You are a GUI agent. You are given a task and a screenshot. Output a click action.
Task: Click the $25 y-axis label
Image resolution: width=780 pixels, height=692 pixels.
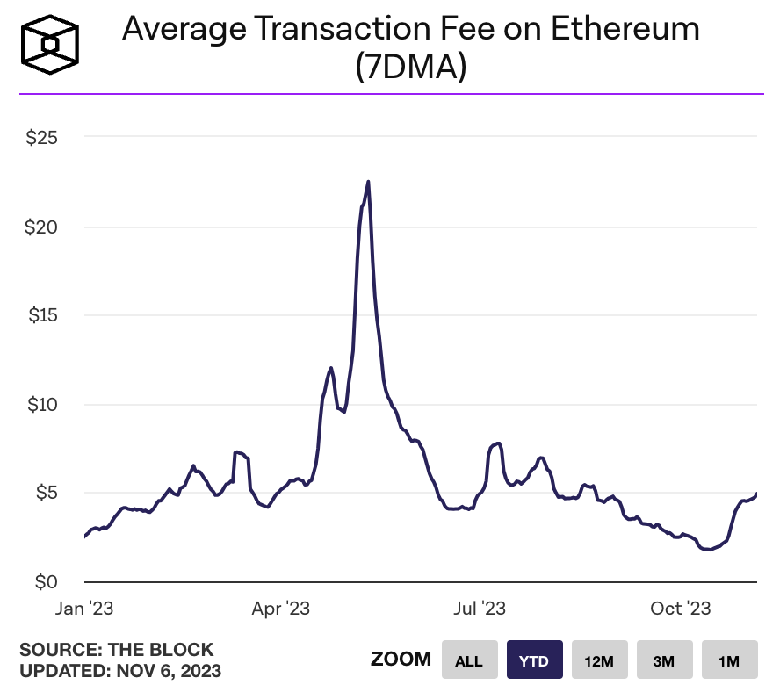point(42,137)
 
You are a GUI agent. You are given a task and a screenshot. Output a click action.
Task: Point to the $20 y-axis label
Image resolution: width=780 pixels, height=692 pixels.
point(41,227)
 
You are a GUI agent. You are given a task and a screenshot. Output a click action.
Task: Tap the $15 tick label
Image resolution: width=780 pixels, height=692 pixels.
point(43,315)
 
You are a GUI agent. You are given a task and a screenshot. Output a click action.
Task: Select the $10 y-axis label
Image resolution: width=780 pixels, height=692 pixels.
point(42,405)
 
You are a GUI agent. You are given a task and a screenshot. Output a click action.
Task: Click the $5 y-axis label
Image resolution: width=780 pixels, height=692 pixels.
point(47,493)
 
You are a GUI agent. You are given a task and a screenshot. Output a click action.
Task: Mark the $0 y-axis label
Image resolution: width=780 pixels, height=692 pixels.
point(47,581)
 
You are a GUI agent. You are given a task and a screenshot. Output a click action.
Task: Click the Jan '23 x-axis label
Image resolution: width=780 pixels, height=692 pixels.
point(84,609)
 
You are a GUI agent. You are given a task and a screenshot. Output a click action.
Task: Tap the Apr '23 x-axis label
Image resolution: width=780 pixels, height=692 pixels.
point(280,609)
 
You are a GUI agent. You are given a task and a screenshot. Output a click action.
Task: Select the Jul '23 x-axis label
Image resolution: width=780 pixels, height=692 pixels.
point(479,609)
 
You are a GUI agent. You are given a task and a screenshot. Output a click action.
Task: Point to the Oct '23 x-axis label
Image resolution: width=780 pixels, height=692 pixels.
point(681,609)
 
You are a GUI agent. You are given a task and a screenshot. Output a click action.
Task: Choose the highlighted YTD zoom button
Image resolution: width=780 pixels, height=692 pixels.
point(535,660)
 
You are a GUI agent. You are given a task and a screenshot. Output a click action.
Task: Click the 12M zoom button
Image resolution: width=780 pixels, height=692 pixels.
point(599,660)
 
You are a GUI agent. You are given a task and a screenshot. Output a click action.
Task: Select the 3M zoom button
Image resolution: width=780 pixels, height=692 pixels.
point(665,660)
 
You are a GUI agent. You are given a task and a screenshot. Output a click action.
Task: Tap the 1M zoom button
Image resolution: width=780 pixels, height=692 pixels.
point(730,660)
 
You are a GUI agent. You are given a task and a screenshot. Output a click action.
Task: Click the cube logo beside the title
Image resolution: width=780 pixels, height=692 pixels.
point(50,45)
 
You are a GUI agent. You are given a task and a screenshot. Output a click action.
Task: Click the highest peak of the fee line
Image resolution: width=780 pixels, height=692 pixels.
point(368,182)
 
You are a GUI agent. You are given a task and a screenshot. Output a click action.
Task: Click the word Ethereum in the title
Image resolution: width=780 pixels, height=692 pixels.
point(625,28)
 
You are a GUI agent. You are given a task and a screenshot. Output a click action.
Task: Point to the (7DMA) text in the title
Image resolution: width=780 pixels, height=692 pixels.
point(411,67)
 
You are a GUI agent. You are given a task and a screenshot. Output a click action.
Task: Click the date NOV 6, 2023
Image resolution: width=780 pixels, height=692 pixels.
point(169,671)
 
